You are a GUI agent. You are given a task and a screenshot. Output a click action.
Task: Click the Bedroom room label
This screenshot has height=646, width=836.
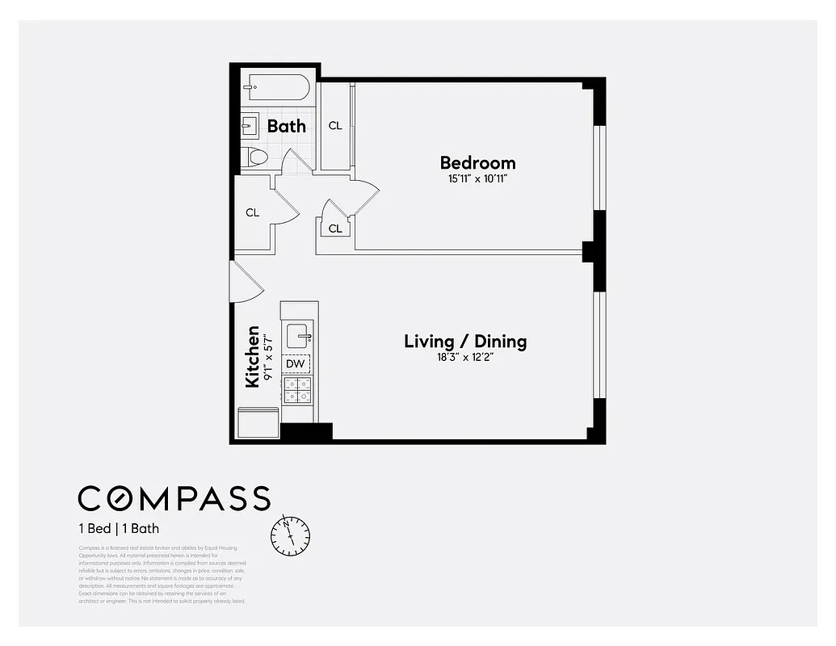[x=477, y=162]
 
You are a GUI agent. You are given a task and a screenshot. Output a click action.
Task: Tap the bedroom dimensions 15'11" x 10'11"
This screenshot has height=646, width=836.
[x=477, y=179]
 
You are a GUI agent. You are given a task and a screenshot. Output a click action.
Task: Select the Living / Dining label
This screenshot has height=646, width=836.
[x=465, y=341]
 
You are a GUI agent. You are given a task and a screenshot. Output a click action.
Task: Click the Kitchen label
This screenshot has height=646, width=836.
[x=253, y=356]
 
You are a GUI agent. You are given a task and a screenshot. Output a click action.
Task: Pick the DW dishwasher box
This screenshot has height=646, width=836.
[x=296, y=364]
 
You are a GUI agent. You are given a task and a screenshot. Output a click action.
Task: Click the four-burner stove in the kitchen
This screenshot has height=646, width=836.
[x=296, y=391]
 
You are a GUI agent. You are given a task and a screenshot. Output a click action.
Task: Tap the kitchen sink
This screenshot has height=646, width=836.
[x=299, y=334]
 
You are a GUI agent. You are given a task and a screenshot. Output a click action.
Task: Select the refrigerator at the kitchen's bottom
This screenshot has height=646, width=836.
[x=258, y=422]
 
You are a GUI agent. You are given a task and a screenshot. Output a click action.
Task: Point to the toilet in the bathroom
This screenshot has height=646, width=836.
[x=255, y=157]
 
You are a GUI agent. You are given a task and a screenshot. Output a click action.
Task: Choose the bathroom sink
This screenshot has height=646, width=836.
[x=250, y=125]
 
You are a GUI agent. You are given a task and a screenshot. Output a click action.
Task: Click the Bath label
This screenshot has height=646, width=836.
[x=287, y=126]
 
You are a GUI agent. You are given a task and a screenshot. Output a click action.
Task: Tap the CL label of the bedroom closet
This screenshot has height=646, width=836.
[x=335, y=126]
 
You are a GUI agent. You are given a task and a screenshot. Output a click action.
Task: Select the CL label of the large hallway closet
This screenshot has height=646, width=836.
[x=253, y=213]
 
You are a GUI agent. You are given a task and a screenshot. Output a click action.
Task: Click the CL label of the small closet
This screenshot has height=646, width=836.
[x=335, y=229]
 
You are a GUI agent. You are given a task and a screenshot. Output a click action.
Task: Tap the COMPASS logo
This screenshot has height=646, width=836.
[x=174, y=498]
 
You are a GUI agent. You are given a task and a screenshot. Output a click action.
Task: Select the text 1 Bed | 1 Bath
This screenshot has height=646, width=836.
[x=119, y=530]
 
